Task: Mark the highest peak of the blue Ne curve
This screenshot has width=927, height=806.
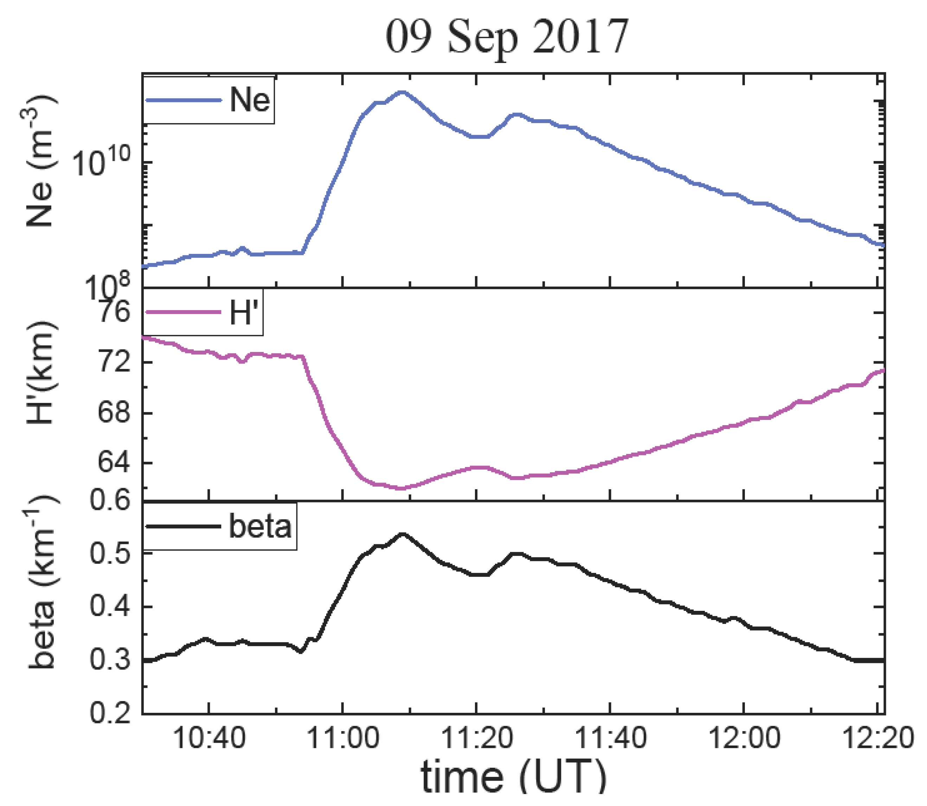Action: pos(401,92)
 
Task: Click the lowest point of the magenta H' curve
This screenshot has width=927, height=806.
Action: pos(400,488)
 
